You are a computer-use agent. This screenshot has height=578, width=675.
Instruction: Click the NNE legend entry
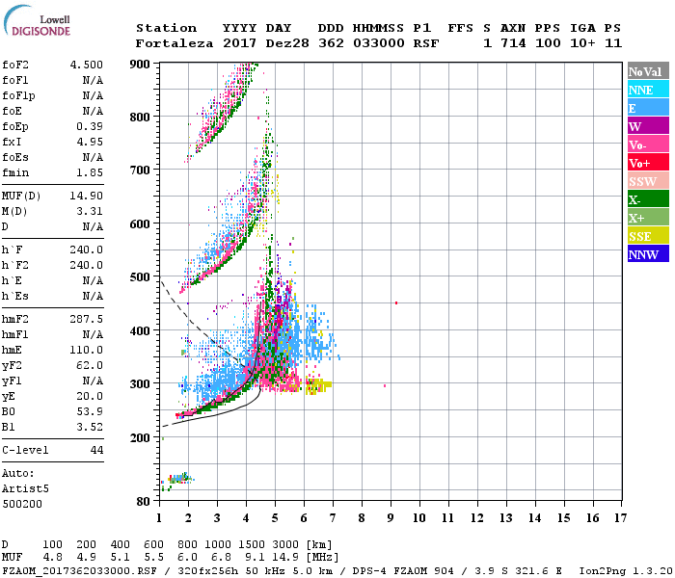pos(641,90)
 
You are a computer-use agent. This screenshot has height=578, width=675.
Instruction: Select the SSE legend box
pos(641,236)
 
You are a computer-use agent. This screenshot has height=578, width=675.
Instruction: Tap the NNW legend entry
pos(642,254)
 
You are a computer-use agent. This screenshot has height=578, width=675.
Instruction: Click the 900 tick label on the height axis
pos(142,64)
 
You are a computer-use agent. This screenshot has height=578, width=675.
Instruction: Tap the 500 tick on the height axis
pos(142,277)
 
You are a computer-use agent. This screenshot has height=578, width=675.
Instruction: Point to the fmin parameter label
pos(16,171)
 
